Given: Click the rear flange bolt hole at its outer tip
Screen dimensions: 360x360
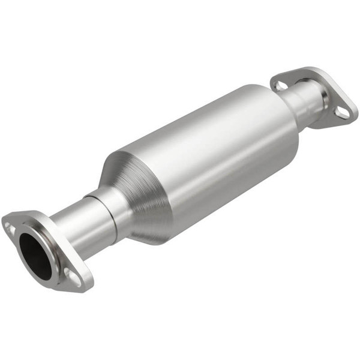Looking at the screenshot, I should pos(342,112).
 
